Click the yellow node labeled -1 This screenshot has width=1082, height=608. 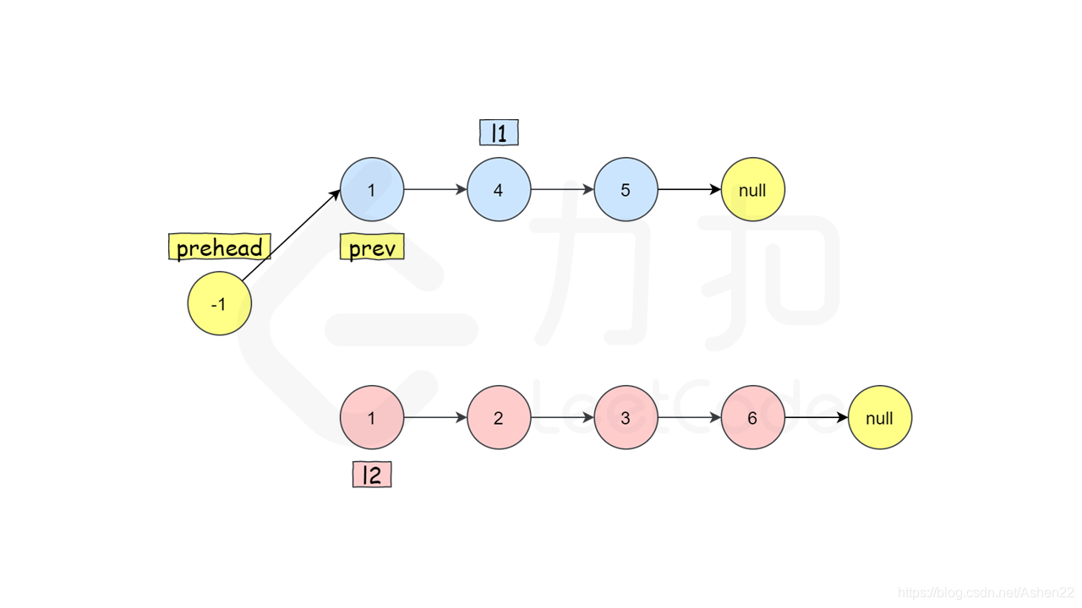(220, 303)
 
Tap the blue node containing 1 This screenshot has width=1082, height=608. (372, 190)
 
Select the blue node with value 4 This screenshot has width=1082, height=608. (499, 190)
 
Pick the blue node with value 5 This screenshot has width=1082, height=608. (626, 190)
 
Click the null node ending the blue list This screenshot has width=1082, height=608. (752, 190)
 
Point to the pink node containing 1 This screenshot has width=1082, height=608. (372, 417)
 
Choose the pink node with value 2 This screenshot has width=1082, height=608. (499, 417)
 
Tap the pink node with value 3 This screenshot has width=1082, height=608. (626, 417)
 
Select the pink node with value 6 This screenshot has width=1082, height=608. (752, 417)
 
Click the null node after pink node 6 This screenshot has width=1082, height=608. (879, 417)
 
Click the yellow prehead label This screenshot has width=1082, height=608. (220, 247)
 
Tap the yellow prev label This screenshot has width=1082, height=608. (372, 247)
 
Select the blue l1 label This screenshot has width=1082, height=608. (499, 133)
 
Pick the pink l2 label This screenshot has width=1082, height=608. (372, 475)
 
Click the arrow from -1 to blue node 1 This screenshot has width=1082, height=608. (290, 236)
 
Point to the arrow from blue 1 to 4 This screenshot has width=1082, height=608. (435, 190)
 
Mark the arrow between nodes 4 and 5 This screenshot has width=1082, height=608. (562, 190)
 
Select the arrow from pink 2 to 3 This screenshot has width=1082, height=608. (562, 417)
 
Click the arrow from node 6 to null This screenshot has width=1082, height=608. (816, 417)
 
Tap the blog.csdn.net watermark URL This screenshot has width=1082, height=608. (985, 594)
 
